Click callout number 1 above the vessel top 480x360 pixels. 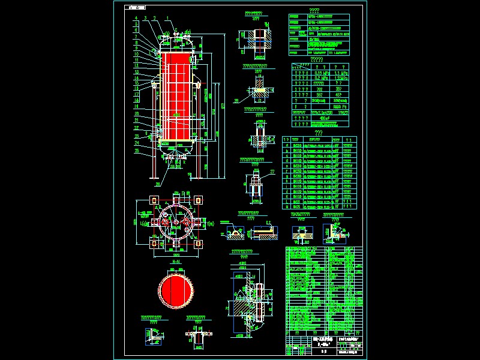[167, 19]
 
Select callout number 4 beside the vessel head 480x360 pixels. [136, 19]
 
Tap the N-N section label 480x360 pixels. [175, 262]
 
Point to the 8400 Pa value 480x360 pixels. [346, 106]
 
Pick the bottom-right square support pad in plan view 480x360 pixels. [198, 245]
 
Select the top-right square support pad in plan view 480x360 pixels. [198, 199]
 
